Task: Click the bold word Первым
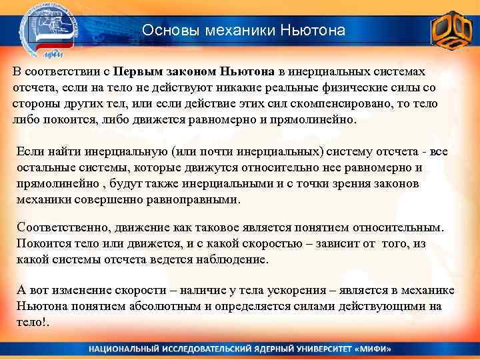(x=137, y=71)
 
